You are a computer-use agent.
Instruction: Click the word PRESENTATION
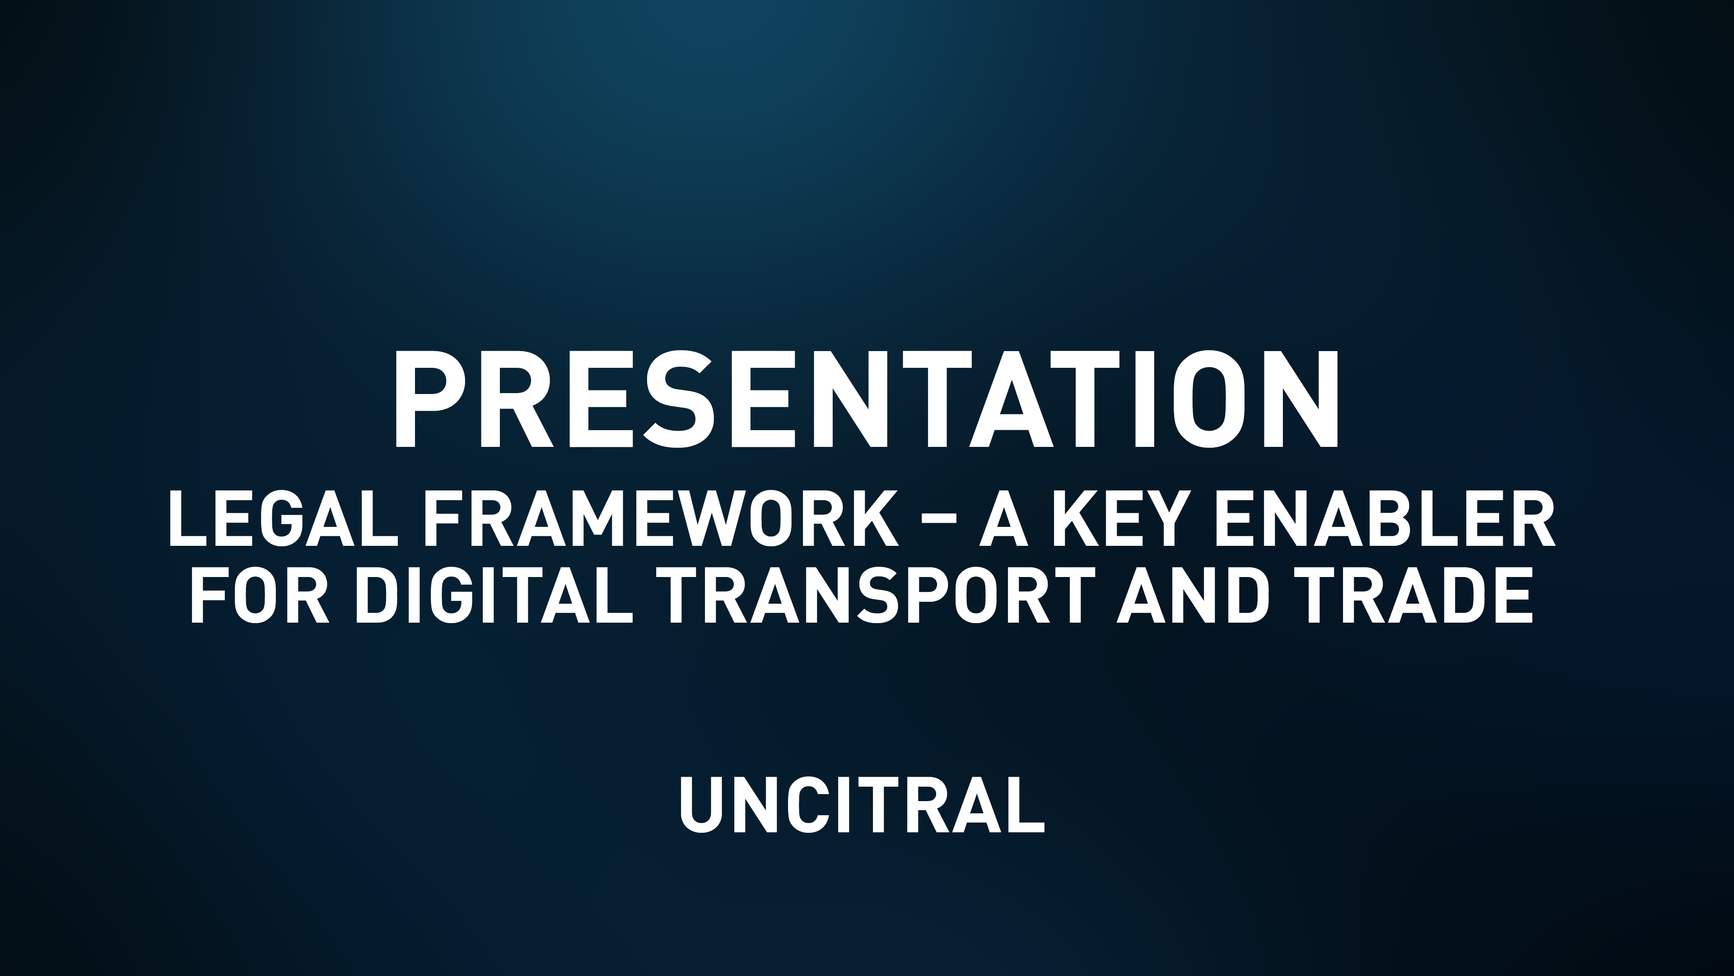click(867, 399)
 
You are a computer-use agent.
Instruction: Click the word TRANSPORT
click(876, 596)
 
